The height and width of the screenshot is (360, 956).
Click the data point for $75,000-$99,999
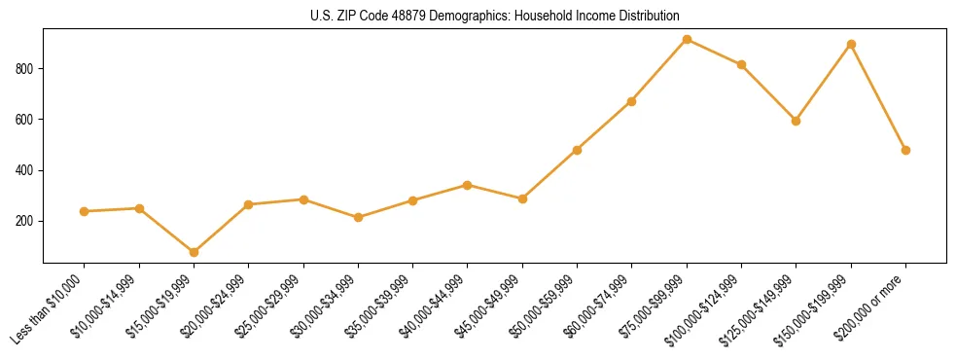pos(687,40)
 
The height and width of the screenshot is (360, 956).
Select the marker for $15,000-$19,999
pos(194,252)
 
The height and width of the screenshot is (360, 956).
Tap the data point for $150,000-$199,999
pos(851,45)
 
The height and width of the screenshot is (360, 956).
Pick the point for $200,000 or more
pos(905,150)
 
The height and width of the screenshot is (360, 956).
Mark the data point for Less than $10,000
pos(85,211)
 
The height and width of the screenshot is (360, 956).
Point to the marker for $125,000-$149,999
pos(796,122)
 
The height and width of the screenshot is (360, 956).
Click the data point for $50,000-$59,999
pos(577,150)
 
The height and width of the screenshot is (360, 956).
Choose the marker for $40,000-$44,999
pos(468,185)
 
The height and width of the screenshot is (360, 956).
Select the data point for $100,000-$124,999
pos(741,65)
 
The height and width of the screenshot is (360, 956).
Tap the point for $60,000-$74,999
pos(632,101)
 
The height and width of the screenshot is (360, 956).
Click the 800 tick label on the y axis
pos(27,69)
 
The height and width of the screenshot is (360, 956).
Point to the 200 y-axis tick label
pos(27,222)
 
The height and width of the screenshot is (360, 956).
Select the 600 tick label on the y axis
pos(27,120)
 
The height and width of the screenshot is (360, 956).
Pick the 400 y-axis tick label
pos(27,170)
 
